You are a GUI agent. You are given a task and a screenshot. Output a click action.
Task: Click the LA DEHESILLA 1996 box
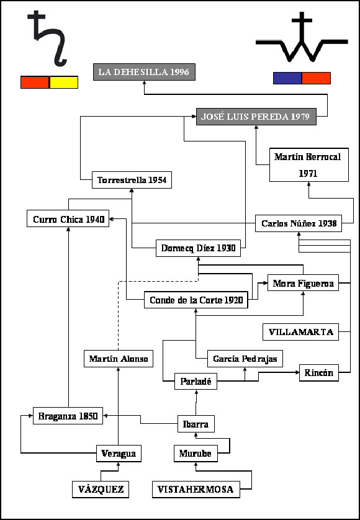tap(144, 72)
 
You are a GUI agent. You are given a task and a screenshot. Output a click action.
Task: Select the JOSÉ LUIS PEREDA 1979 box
tap(256, 117)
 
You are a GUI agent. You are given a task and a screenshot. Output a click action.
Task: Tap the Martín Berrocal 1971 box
tap(309, 165)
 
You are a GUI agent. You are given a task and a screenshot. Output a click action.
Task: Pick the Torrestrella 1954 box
tap(132, 180)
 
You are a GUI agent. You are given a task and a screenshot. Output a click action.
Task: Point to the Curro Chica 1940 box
tap(68, 218)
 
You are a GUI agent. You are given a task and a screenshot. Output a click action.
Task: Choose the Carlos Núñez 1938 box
tap(299, 223)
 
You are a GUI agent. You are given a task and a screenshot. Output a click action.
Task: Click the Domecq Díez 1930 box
tap(198, 248)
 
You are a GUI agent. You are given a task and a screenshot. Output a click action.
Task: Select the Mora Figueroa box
tap(304, 283)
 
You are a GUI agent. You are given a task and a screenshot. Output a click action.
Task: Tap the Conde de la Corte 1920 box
tap(196, 300)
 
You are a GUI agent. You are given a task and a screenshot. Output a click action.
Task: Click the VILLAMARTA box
tap(300, 332)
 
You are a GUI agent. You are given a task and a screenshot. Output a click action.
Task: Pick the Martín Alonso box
tap(119, 359)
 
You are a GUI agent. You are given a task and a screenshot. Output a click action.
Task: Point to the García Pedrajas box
tap(245, 359)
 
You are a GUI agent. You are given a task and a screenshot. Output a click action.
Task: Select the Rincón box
tap(319, 373)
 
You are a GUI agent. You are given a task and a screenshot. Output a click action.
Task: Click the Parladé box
tap(196, 382)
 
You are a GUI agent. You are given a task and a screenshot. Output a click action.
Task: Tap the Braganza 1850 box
tap(68, 416)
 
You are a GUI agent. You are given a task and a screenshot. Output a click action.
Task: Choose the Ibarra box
tap(196, 424)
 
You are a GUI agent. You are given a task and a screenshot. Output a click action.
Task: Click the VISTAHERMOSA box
tap(196, 489)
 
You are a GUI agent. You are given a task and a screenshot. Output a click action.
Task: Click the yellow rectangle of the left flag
tap(64, 83)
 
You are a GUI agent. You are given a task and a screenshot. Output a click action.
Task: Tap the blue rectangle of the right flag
tap(287, 78)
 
